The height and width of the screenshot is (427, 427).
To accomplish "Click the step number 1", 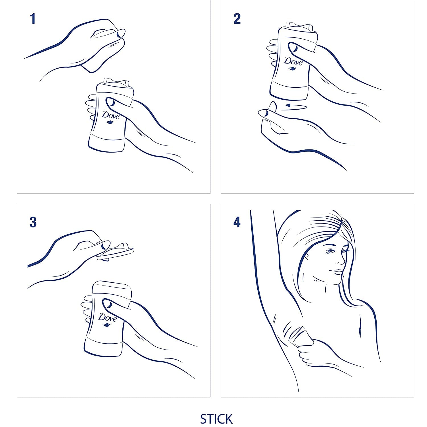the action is pos(33,19).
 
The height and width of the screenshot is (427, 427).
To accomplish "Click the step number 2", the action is pos(237,19).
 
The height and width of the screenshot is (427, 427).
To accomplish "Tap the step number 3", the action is pos(33,222).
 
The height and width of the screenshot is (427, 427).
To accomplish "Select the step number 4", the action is pos(237,222).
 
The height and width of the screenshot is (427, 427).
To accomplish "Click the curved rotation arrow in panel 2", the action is pos(296,106).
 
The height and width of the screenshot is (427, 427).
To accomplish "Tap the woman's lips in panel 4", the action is pos(338,272).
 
